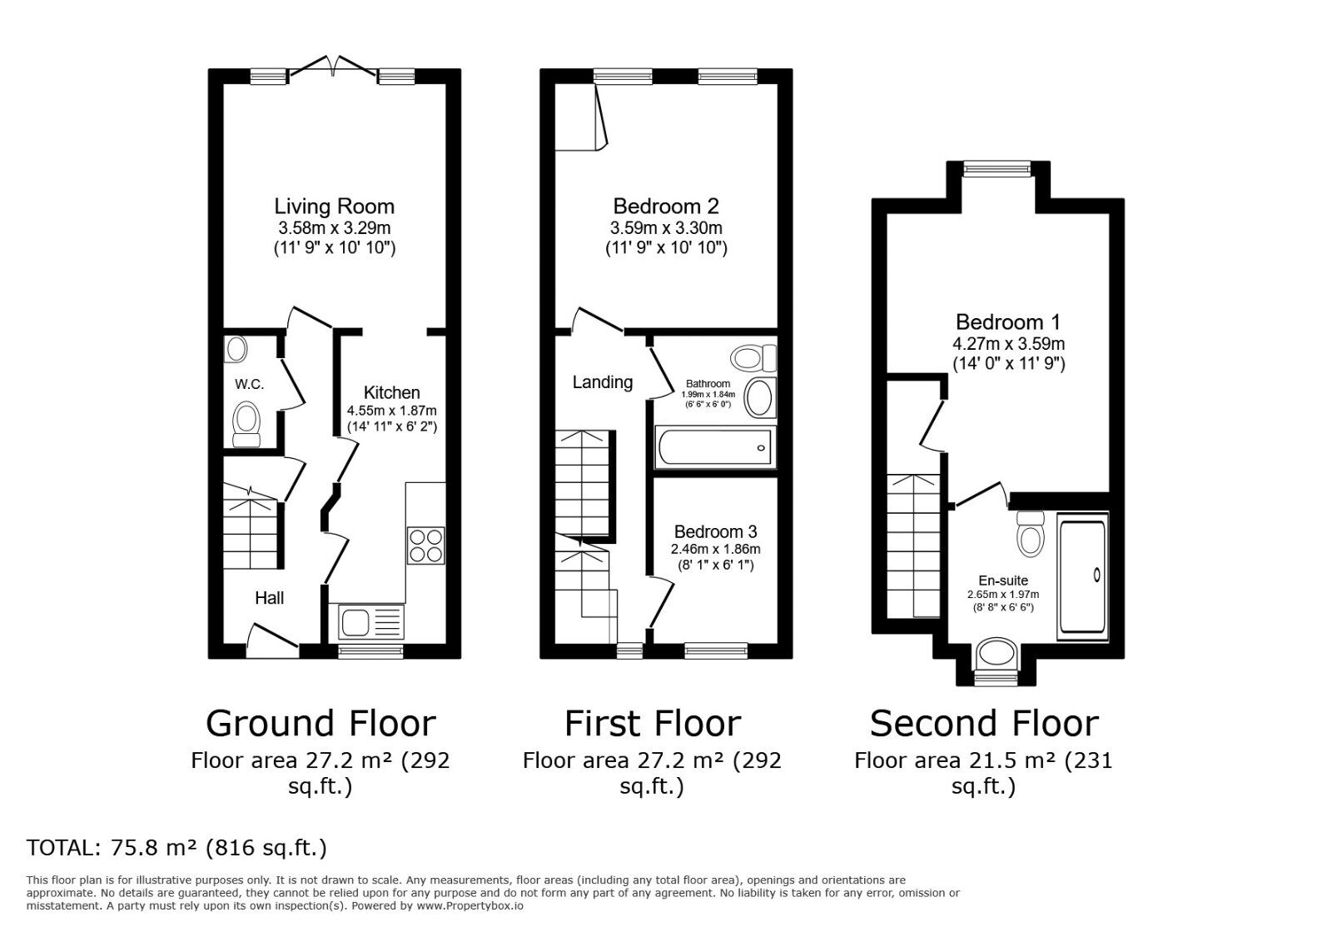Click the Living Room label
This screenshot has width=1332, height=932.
[x=334, y=207]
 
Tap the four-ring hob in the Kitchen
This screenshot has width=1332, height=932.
[x=425, y=546]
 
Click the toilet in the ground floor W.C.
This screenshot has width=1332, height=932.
[x=246, y=423]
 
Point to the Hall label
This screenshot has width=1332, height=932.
[x=269, y=598]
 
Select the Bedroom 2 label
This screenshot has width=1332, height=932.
[x=665, y=207]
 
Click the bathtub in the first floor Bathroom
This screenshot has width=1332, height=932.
[x=715, y=447]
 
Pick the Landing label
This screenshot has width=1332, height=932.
[x=602, y=382]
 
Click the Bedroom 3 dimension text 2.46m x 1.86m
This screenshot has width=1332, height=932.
[x=715, y=550]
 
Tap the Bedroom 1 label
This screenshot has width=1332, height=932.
[x=1008, y=322]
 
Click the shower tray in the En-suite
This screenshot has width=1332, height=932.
[x=1082, y=576]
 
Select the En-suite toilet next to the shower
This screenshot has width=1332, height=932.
[x=1031, y=534]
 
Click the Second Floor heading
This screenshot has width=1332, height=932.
[x=983, y=724]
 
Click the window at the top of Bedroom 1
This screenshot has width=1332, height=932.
[x=997, y=169]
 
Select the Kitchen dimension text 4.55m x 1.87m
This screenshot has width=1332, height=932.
[x=391, y=411]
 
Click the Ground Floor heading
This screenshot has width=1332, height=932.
[x=321, y=724]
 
